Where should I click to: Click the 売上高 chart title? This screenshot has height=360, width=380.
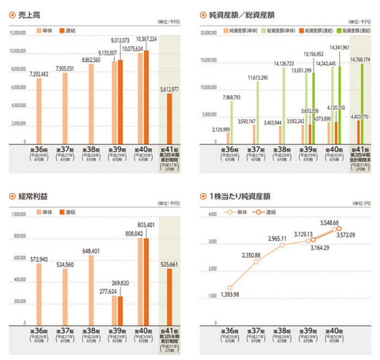tap(30, 15)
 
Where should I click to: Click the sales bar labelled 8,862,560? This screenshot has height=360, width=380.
tap(91, 103)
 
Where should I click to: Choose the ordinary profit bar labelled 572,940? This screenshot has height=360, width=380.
tap(39, 293)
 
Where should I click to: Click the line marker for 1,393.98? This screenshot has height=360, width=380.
tap(230, 288)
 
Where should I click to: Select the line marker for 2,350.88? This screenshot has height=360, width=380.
tap(256, 262)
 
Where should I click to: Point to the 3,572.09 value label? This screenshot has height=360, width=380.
tap(346, 235)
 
